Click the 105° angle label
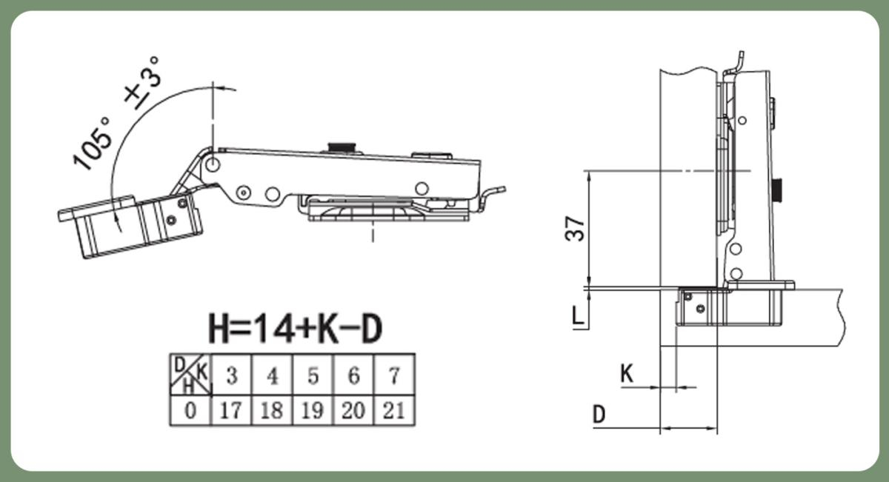coord(92,144)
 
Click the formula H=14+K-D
coord(296,329)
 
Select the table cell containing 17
coord(231,410)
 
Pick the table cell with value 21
coord(394,410)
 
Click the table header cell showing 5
coord(313,375)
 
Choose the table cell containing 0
coord(190,410)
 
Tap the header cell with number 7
coord(394,375)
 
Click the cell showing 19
coord(313,410)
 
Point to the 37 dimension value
coord(575,229)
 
